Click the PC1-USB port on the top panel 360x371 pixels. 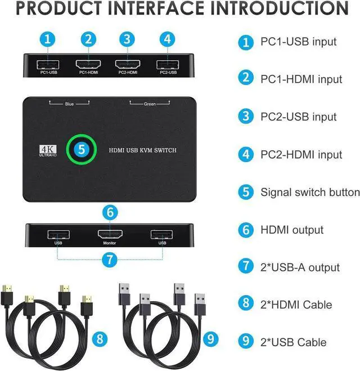point(49,64)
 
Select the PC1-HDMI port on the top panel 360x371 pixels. point(88,64)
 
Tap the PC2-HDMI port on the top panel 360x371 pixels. point(127,64)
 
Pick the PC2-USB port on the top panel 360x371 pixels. point(166,64)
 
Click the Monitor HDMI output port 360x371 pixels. point(110,234)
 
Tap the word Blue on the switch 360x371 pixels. point(69,104)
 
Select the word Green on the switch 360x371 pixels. point(150,104)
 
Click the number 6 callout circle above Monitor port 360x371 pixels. point(111,212)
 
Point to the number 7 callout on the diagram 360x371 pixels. point(111,260)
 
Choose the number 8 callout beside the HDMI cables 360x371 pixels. point(100,338)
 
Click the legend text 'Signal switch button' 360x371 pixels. point(310,192)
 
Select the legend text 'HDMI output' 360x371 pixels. point(292,230)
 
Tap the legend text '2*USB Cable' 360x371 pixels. point(293,342)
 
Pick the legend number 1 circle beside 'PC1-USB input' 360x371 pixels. point(245,41)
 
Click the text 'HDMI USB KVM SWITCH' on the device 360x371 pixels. point(143,149)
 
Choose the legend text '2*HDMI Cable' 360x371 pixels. point(296,305)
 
